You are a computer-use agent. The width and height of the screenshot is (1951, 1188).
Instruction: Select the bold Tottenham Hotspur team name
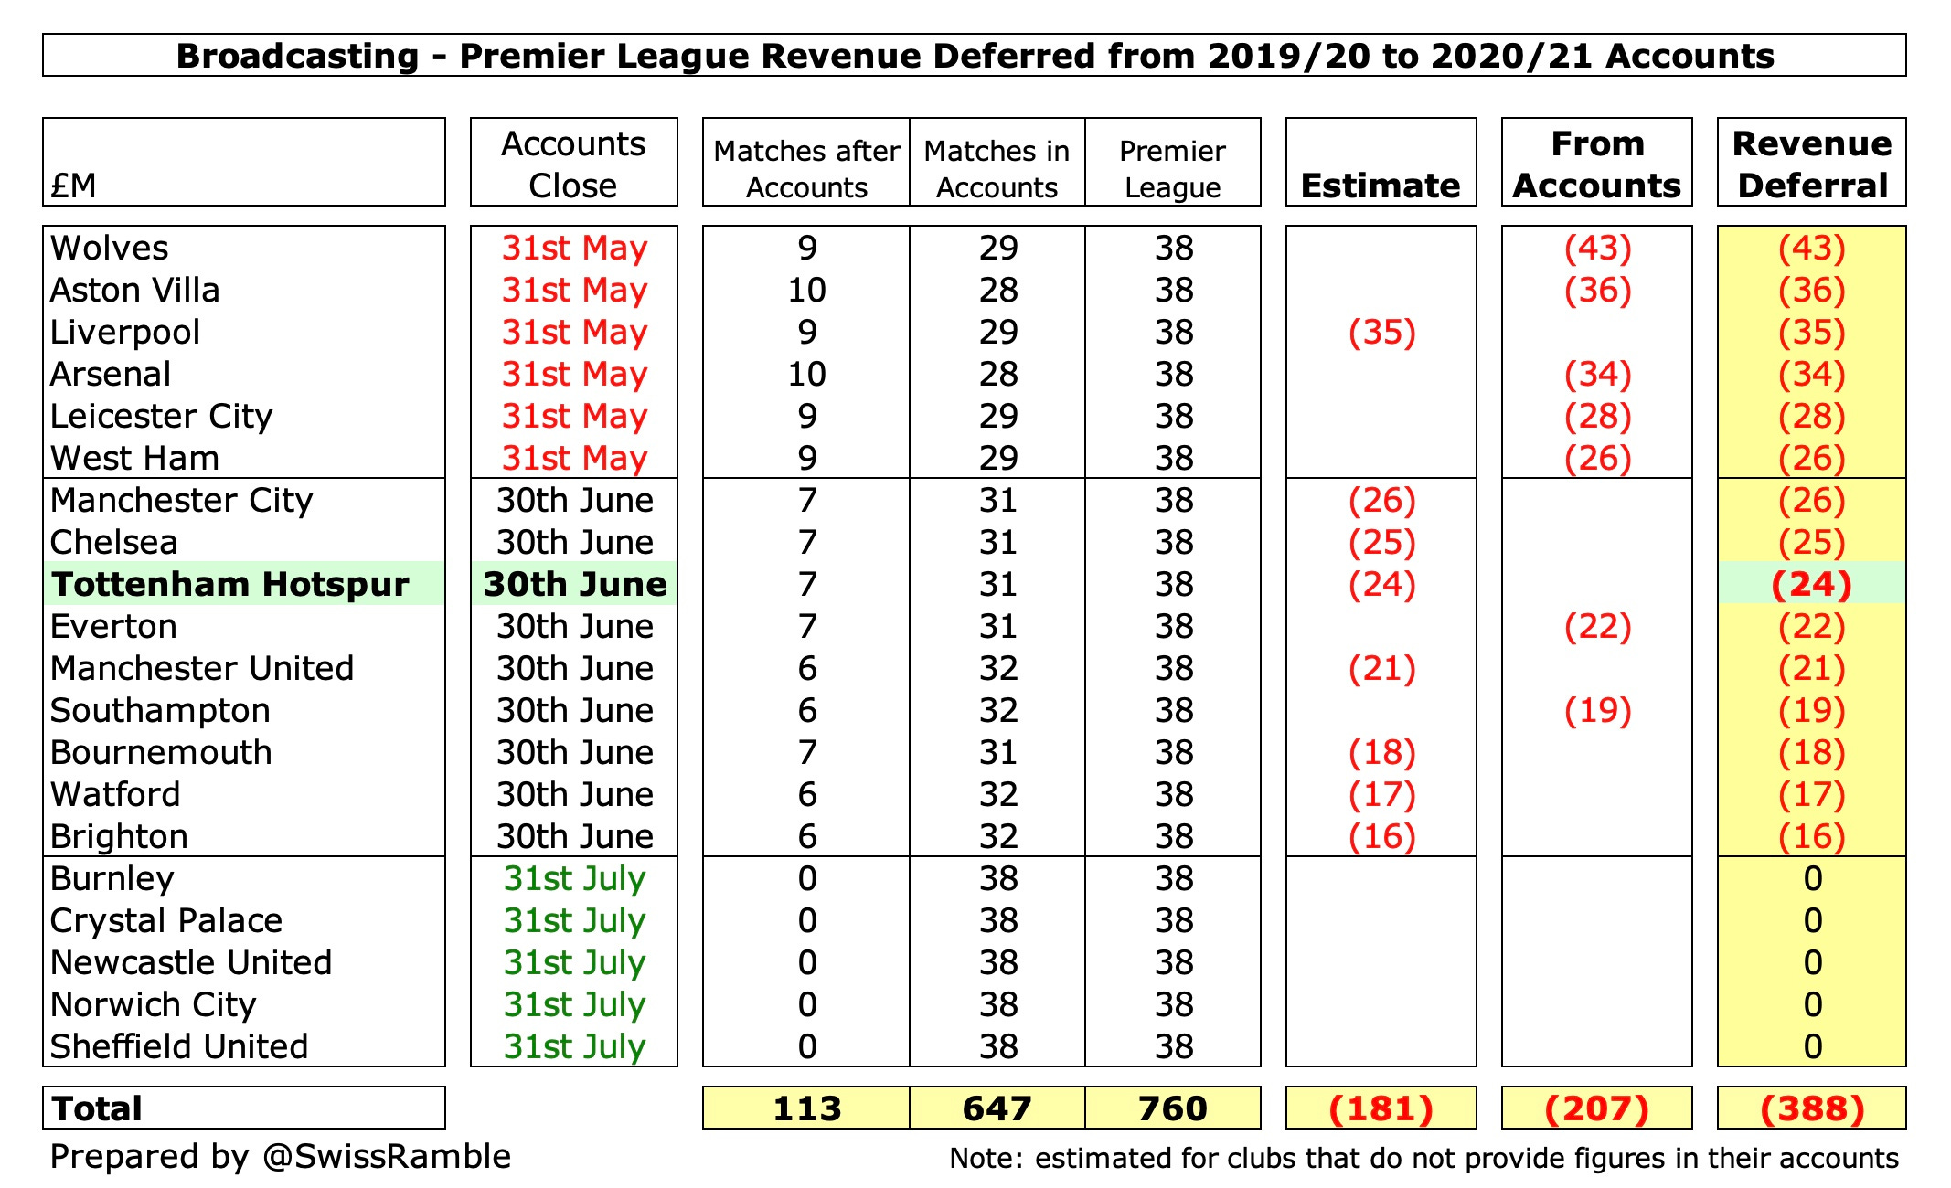pos(229,585)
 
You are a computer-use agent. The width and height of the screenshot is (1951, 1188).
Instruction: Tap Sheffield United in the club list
pos(179,1047)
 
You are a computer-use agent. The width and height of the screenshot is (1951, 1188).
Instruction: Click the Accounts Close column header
pos(573,164)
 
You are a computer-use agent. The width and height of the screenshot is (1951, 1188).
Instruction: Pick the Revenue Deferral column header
pos(1811,164)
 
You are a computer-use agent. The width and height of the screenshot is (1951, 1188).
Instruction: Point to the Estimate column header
pos(1381,186)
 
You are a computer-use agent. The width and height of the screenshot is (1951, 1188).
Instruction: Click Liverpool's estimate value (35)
pos(1381,333)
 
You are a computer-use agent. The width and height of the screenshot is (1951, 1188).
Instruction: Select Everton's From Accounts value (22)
pos(1597,627)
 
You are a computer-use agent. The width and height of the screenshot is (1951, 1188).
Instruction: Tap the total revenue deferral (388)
pos(1811,1108)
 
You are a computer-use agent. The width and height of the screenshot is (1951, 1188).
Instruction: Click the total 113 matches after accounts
pos(806,1108)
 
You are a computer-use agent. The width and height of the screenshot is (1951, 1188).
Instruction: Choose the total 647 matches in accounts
pos(997,1108)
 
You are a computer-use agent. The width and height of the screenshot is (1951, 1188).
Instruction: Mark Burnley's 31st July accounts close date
pos(574,879)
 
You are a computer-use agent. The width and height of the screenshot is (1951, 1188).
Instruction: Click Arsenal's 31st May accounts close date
pos(574,375)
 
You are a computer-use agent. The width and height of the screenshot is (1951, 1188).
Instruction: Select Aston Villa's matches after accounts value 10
pos(806,291)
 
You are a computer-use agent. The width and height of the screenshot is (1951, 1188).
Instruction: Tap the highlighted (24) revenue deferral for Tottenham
pos(1811,585)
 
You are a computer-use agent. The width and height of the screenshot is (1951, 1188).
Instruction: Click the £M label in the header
pos(73,186)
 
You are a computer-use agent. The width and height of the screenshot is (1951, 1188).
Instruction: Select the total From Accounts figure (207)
pos(1596,1108)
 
